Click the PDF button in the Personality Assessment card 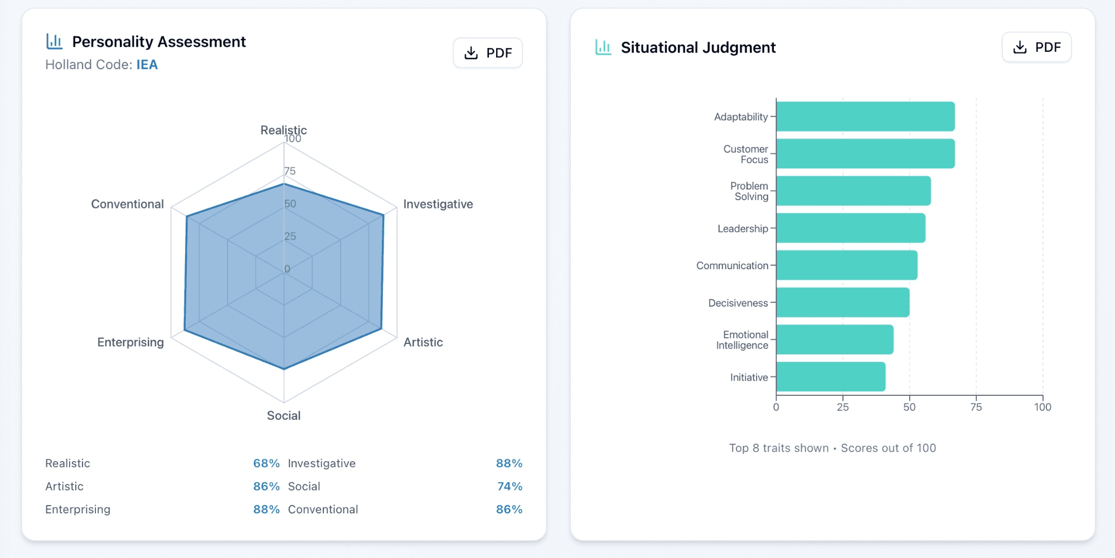coord(488,53)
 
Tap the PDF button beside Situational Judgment coord(1036,47)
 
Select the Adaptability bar coord(865,117)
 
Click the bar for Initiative coord(831,377)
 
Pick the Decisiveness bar coord(843,303)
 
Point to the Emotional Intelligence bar coord(835,339)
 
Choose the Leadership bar coord(851,228)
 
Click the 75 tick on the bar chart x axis coord(976,407)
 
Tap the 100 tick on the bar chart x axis coord(1043,407)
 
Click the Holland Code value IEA coord(147,65)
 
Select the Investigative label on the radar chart coord(438,204)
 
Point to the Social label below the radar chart coord(284,415)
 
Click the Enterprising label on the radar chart coord(130,342)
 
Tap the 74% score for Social coord(510,486)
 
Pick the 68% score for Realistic coord(266,463)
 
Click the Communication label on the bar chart coord(732,266)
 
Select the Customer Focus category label coord(746,154)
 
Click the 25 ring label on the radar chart coord(290,236)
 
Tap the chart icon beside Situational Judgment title coord(603,47)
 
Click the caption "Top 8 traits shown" coord(779,448)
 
